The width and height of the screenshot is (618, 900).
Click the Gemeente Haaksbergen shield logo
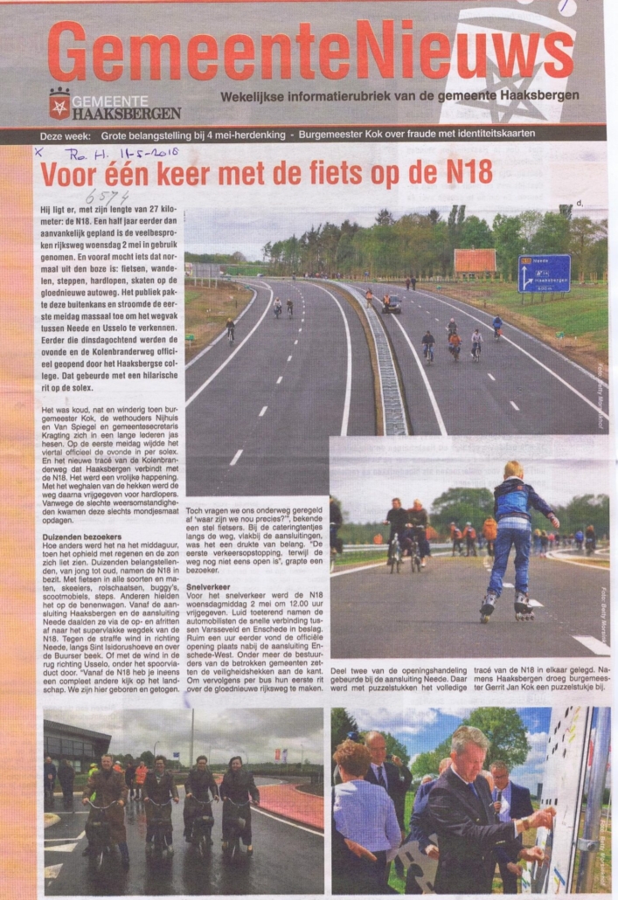pyautogui.click(x=59, y=103)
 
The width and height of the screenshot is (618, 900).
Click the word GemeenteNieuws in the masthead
pyautogui.click(x=309, y=50)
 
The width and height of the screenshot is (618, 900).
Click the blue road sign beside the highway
pyautogui.click(x=544, y=273)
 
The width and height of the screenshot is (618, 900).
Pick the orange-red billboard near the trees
pyautogui.click(x=476, y=260)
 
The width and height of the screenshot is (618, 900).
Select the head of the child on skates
pyautogui.click(x=513, y=470)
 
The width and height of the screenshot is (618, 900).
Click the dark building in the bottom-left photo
pyautogui.click(x=74, y=748)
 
